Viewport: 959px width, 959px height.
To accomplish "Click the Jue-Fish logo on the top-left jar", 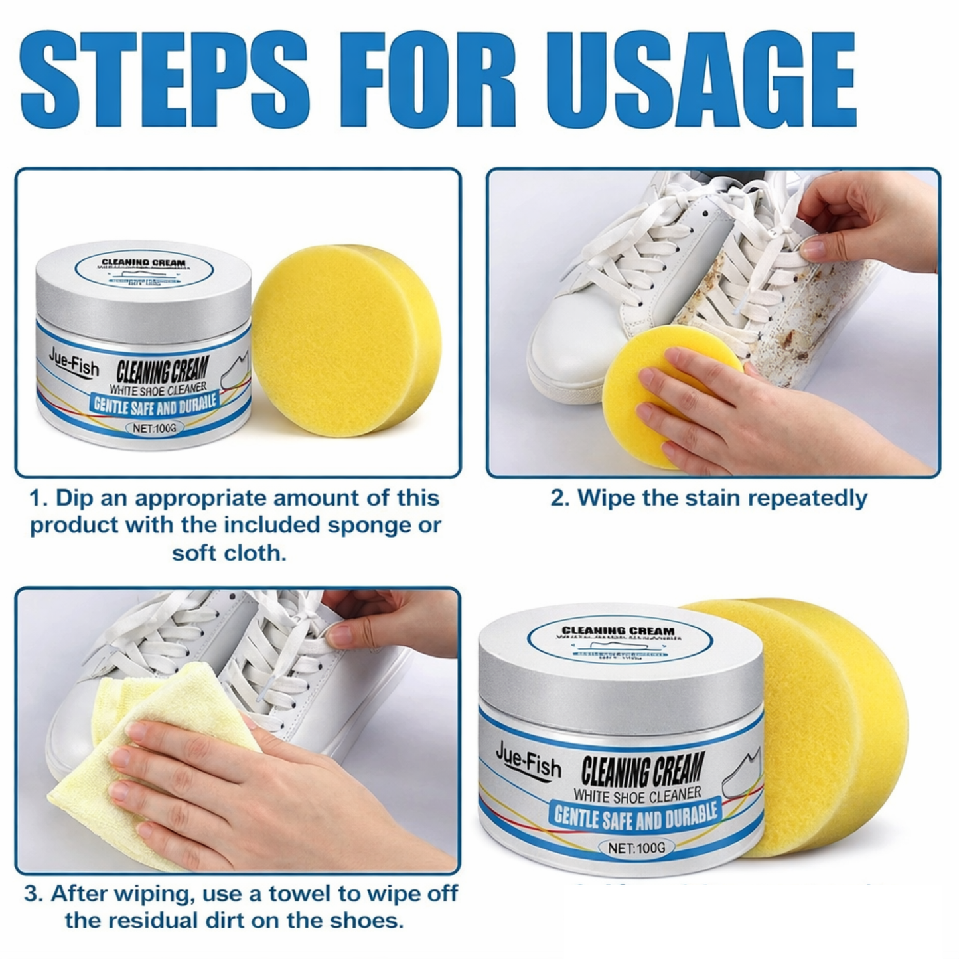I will pos(73,362).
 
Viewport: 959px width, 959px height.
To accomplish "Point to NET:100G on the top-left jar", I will pos(155,428).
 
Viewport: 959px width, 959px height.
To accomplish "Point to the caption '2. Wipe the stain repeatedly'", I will pos(709,498).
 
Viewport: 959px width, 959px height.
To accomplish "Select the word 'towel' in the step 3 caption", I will pos(297,893).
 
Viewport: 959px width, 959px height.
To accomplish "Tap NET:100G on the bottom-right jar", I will pos(636,848).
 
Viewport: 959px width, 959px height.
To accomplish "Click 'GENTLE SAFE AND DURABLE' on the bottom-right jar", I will pos(635,818).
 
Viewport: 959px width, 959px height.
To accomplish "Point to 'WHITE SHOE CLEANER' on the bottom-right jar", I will pos(636,794).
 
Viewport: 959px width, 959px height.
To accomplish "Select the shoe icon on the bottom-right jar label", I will pos(742,770).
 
